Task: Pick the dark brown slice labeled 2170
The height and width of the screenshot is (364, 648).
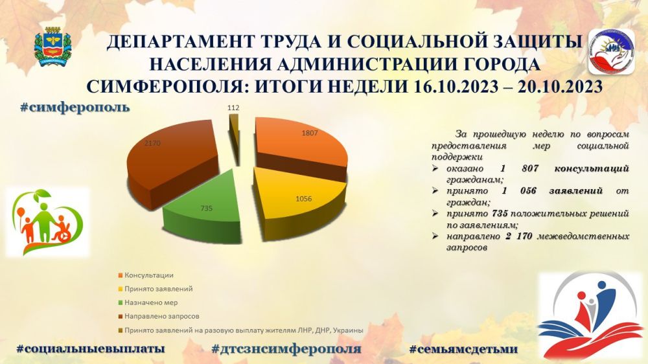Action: tap(168, 155)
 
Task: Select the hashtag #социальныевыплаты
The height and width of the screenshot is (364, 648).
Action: tap(90, 348)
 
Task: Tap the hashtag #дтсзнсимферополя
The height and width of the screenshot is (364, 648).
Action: tap(286, 348)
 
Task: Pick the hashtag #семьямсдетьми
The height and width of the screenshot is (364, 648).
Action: tap(463, 348)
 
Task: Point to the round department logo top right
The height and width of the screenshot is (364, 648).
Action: tap(610, 51)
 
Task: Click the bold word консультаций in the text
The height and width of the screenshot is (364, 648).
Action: tap(592, 168)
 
